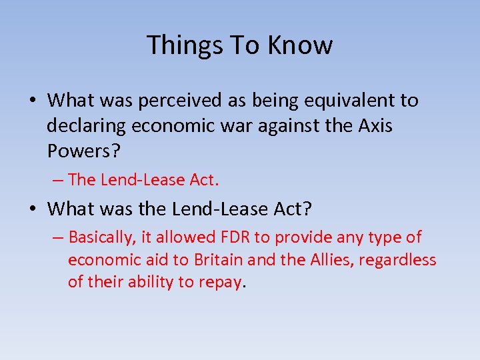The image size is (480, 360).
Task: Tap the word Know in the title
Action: pos(300,45)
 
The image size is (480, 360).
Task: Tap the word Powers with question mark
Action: pos(83,151)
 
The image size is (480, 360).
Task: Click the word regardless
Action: pos(397,259)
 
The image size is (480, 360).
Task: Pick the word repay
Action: pos(221,282)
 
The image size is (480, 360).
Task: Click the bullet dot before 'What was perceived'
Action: pos(32,101)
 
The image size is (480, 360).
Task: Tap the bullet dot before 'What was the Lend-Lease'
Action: pos(32,209)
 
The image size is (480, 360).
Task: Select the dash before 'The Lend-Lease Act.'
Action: pos(59,180)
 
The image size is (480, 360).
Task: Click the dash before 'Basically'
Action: pos(59,237)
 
